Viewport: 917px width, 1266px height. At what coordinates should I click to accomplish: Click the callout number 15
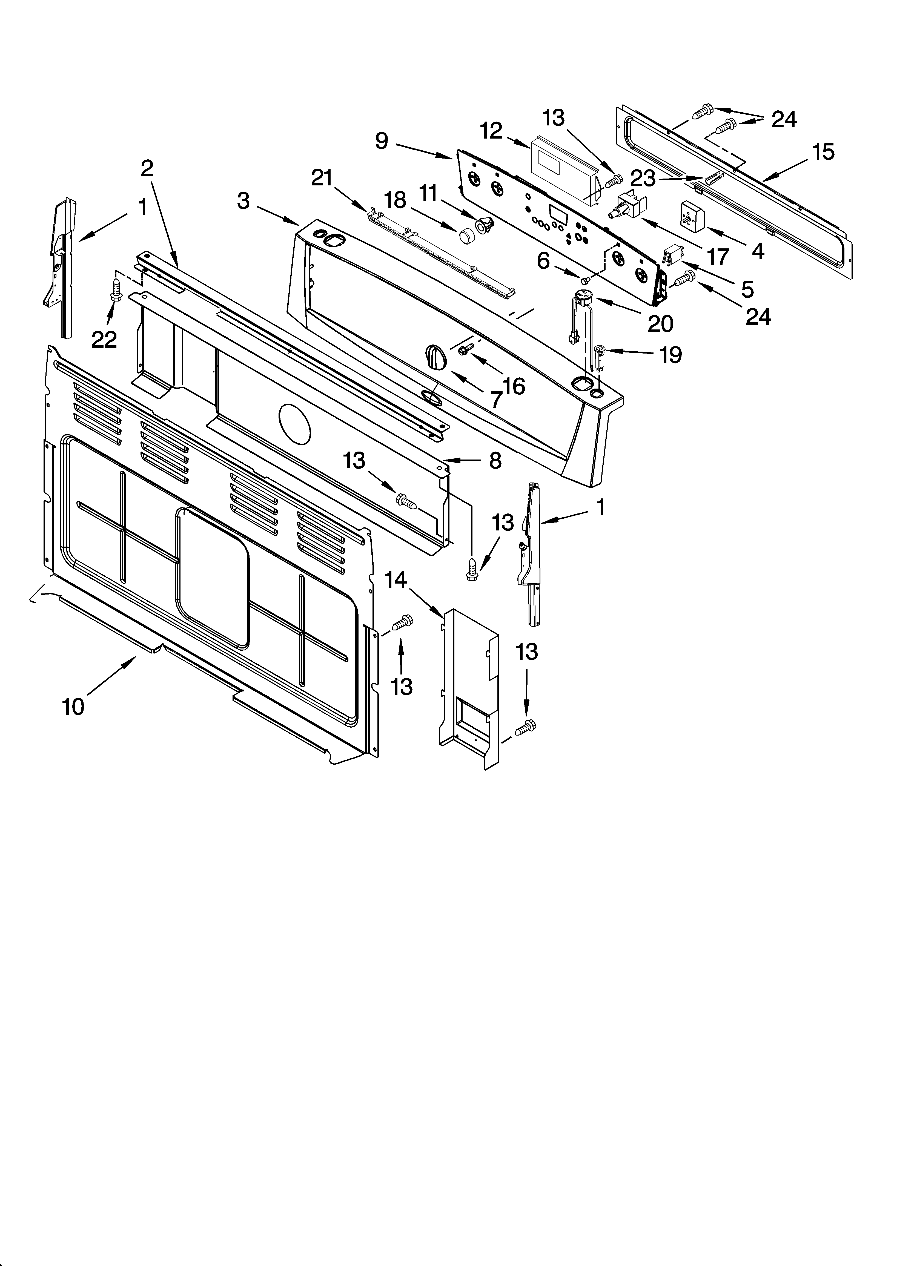(x=823, y=151)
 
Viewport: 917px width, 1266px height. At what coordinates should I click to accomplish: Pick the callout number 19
(x=671, y=354)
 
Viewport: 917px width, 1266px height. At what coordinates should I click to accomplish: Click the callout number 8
(x=495, y=461)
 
